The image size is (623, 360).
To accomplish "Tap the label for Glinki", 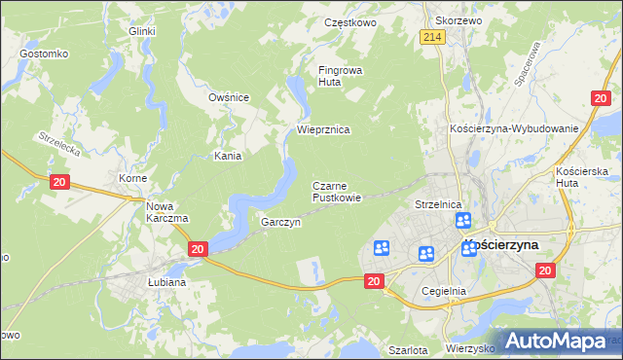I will point(142,31).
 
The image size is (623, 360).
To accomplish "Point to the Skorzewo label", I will point(459,20).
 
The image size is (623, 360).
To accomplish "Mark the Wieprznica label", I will point(323,129).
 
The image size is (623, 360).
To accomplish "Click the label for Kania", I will point(227,155).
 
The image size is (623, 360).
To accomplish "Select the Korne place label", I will point(131,179).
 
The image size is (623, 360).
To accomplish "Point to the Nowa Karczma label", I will point(166,211).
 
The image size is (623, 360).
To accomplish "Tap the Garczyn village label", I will point(280,222).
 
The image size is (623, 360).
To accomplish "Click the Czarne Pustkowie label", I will point(337,191).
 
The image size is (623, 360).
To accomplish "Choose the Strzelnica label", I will point(437,205).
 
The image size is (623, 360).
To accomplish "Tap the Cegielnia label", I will point(445,291).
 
